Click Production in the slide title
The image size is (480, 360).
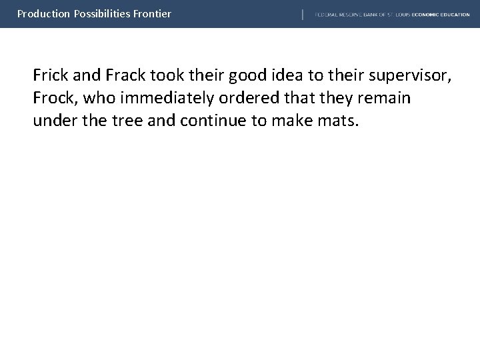41,13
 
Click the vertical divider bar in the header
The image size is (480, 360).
303,14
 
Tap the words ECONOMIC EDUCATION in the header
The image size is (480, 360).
441,14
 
